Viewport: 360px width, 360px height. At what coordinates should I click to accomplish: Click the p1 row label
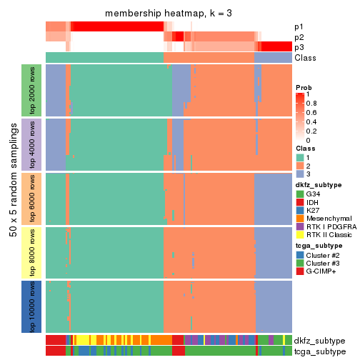tap(299, 26)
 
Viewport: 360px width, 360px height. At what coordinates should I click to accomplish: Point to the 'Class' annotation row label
tap(305, 57)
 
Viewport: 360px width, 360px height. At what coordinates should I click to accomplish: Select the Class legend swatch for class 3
tap(300, 174)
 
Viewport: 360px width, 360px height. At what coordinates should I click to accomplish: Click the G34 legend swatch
tap(300, 193)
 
